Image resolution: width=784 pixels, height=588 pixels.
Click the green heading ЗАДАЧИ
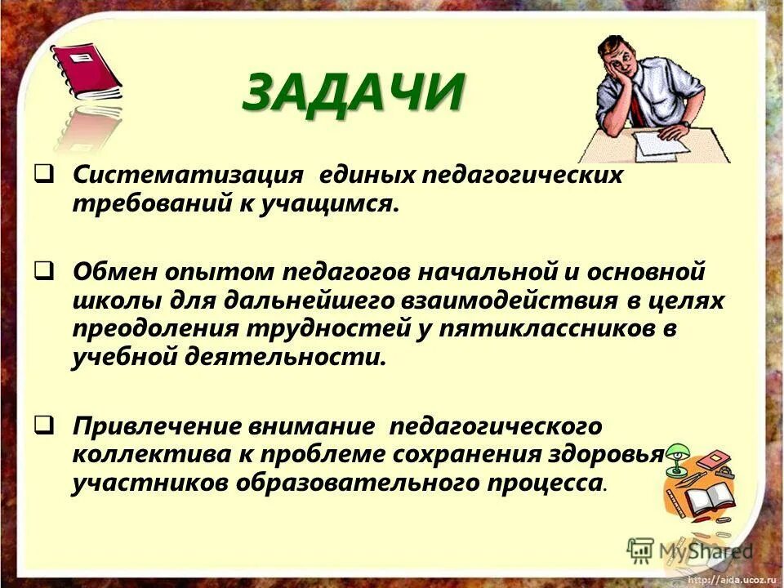354,91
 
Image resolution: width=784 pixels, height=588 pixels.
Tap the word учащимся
334,205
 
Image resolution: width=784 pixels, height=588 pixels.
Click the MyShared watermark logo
690,550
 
